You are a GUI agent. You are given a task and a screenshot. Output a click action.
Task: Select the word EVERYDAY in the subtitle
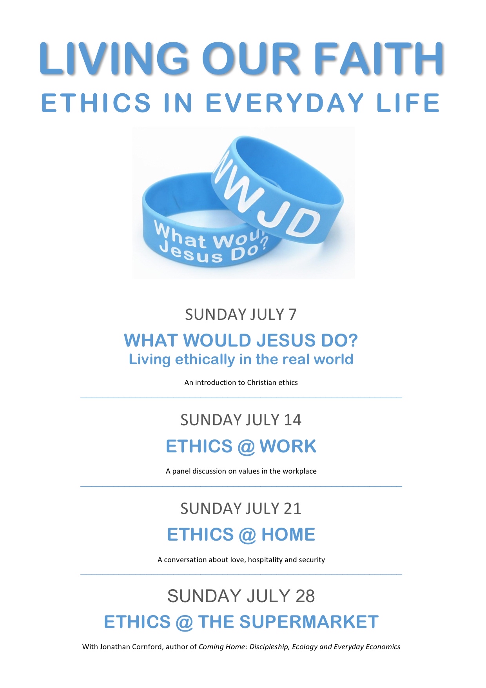tap(285, 103)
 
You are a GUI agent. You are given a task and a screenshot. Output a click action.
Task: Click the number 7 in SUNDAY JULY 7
tap(292, 314)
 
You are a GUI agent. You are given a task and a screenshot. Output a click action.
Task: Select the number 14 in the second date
tap(292, 420)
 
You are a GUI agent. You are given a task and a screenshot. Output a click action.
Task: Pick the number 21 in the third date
tap(292, 508)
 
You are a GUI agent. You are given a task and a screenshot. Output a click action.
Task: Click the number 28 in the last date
tap(305, 596)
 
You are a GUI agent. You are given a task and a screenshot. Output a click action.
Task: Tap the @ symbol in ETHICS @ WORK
tap(246, 447)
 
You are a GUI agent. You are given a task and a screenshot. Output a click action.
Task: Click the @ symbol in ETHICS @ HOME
tap(247, 535)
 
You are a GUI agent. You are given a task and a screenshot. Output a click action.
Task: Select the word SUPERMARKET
tap(309, 622)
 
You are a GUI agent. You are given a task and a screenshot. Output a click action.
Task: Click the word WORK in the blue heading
tap(288, 446)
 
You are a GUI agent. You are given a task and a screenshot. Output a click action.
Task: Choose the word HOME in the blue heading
tap(288, 534)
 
